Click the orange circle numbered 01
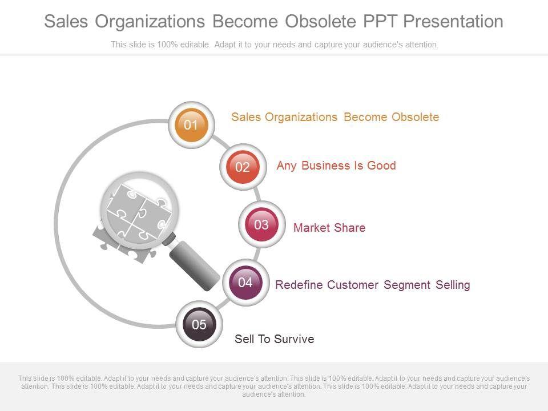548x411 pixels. (191, 124)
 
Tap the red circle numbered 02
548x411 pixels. (243, 167)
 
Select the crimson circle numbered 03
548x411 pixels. (261, 224)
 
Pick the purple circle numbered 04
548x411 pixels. (245, 282)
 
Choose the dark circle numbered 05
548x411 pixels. (199, 325)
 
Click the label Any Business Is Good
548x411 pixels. (336, 166)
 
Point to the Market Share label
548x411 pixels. (329, 228)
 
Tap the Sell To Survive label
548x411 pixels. (274, 339)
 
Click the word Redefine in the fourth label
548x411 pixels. (299, 285)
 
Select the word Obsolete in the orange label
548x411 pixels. (415, 117)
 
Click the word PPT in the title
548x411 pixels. (380, 22)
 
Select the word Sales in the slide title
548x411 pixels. (66, 22)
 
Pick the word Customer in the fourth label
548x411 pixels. (353, 285)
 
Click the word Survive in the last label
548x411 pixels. (294, 339)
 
